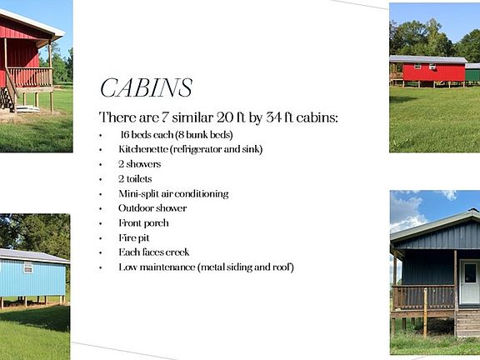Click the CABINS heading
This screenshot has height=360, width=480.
tap(147, 87)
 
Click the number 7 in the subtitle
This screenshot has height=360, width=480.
tap(165, 117)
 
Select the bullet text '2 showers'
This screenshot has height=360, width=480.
tap(140, 164)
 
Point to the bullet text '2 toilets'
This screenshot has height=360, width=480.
tap(135, 179)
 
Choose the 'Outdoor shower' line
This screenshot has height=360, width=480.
tap(152, 208)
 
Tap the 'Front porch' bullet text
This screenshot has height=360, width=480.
tap(143, 223)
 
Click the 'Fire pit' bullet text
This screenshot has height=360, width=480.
tap(134, 237)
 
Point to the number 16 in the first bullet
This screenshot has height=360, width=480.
tap(125, 135)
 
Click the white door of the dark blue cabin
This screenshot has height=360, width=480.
tap(469, 282)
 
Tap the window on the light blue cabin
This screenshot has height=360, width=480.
tap(27, 267)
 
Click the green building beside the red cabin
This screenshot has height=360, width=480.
tap(472, 72)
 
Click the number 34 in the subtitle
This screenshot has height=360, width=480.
tap(273, 117)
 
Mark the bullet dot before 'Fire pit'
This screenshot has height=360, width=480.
tap(100, 238)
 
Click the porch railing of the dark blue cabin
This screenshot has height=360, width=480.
tap(423, 297)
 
